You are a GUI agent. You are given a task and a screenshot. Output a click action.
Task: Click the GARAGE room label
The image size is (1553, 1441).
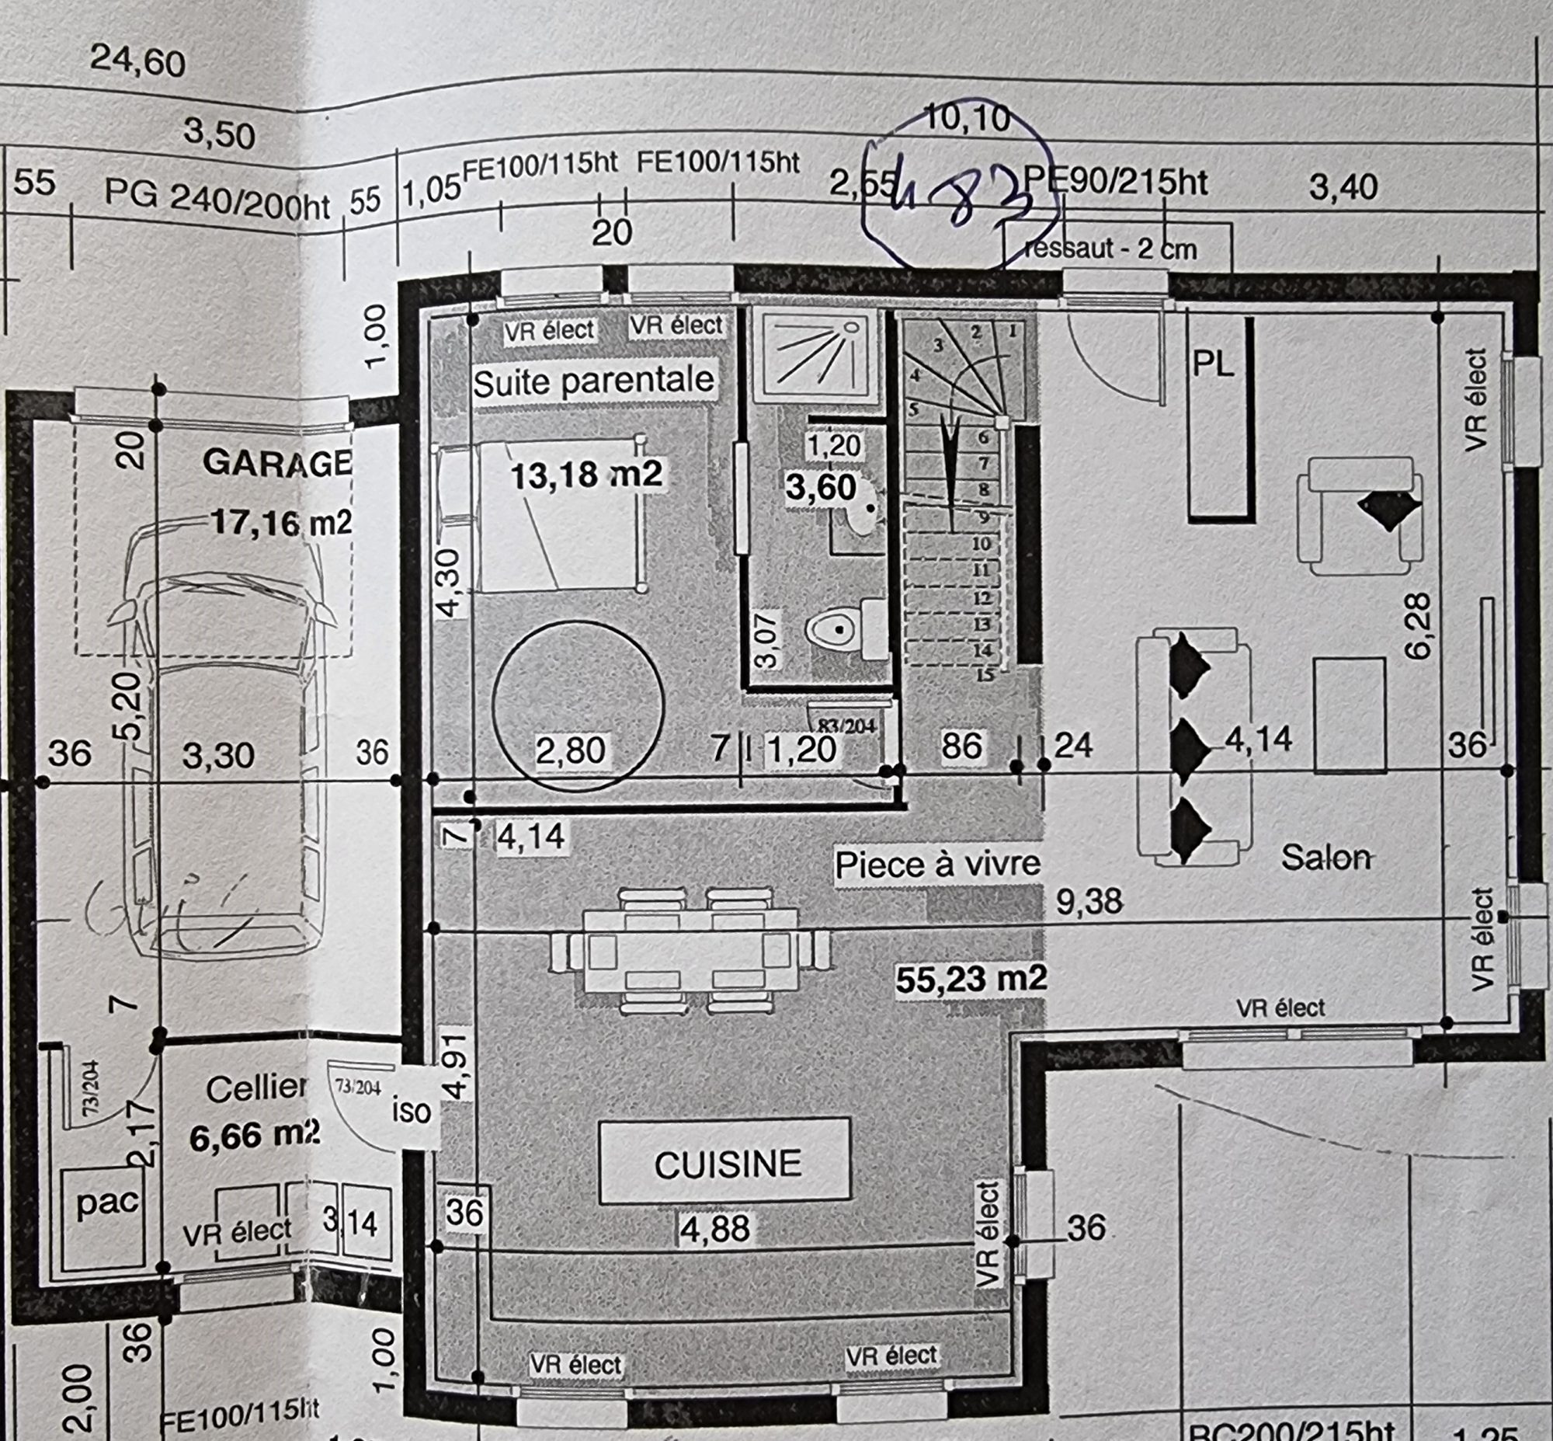point(276,462)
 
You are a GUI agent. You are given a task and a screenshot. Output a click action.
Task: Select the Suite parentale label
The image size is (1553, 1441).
point(593,381)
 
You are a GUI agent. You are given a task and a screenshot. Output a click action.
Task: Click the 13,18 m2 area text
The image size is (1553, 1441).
point(585,474)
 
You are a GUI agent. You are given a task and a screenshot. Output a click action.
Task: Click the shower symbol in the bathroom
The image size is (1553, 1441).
point(815,353)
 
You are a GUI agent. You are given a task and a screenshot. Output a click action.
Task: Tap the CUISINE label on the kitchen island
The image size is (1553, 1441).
point(727,1164)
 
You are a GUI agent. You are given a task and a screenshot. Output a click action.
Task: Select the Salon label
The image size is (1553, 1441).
point(1325,858)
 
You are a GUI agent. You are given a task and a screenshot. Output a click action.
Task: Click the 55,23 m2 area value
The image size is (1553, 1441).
point(971,980)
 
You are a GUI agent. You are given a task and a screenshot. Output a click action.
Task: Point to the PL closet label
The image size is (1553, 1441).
point(1213,364)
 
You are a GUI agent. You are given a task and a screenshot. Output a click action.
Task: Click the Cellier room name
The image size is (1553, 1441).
point(256,1089)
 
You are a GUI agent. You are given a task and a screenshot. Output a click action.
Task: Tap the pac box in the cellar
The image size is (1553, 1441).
point(106,1202)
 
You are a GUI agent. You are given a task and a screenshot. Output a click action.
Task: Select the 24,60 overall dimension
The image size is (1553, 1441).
point(138,61)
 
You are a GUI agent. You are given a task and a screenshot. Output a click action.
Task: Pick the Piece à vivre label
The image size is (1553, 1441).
point(937,864)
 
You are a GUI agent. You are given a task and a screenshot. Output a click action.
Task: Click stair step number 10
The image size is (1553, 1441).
point(981,544)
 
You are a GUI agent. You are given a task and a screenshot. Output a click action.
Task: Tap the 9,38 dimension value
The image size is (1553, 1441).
point(1089,901)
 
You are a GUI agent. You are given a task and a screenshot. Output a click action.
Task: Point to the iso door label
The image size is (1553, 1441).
point(411,1110)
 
